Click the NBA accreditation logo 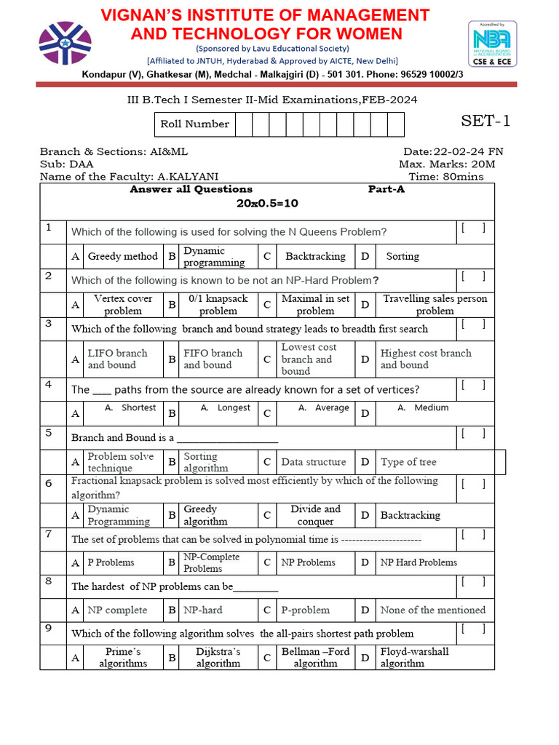492,44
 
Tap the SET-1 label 485,121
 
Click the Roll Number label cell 194,124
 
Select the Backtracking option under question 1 315,256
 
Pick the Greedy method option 122,256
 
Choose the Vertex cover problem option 123,305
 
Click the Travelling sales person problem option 435,305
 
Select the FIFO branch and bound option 213,359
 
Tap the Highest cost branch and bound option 426,359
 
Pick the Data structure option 314,462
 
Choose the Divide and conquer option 315,515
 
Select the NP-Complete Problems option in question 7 211,562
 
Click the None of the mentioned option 432,610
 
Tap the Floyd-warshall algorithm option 414,658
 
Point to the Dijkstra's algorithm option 218,658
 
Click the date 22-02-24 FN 467,151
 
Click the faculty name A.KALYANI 188,176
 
